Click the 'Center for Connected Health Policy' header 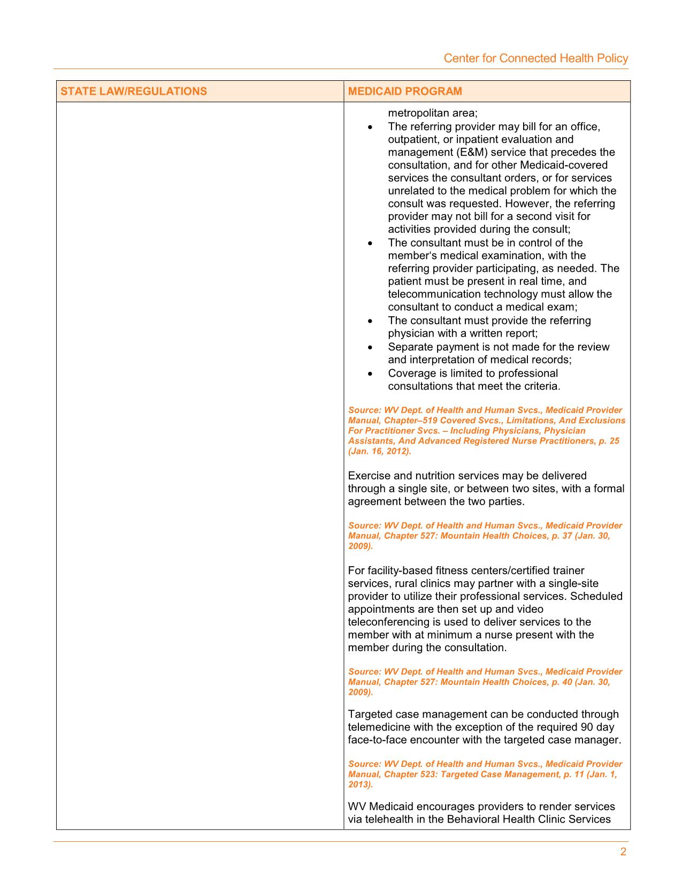[535, 58]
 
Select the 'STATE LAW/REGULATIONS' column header [134, 91]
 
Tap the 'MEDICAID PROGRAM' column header [405, 91]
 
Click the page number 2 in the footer [623, 852]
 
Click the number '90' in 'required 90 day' [586, 727]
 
